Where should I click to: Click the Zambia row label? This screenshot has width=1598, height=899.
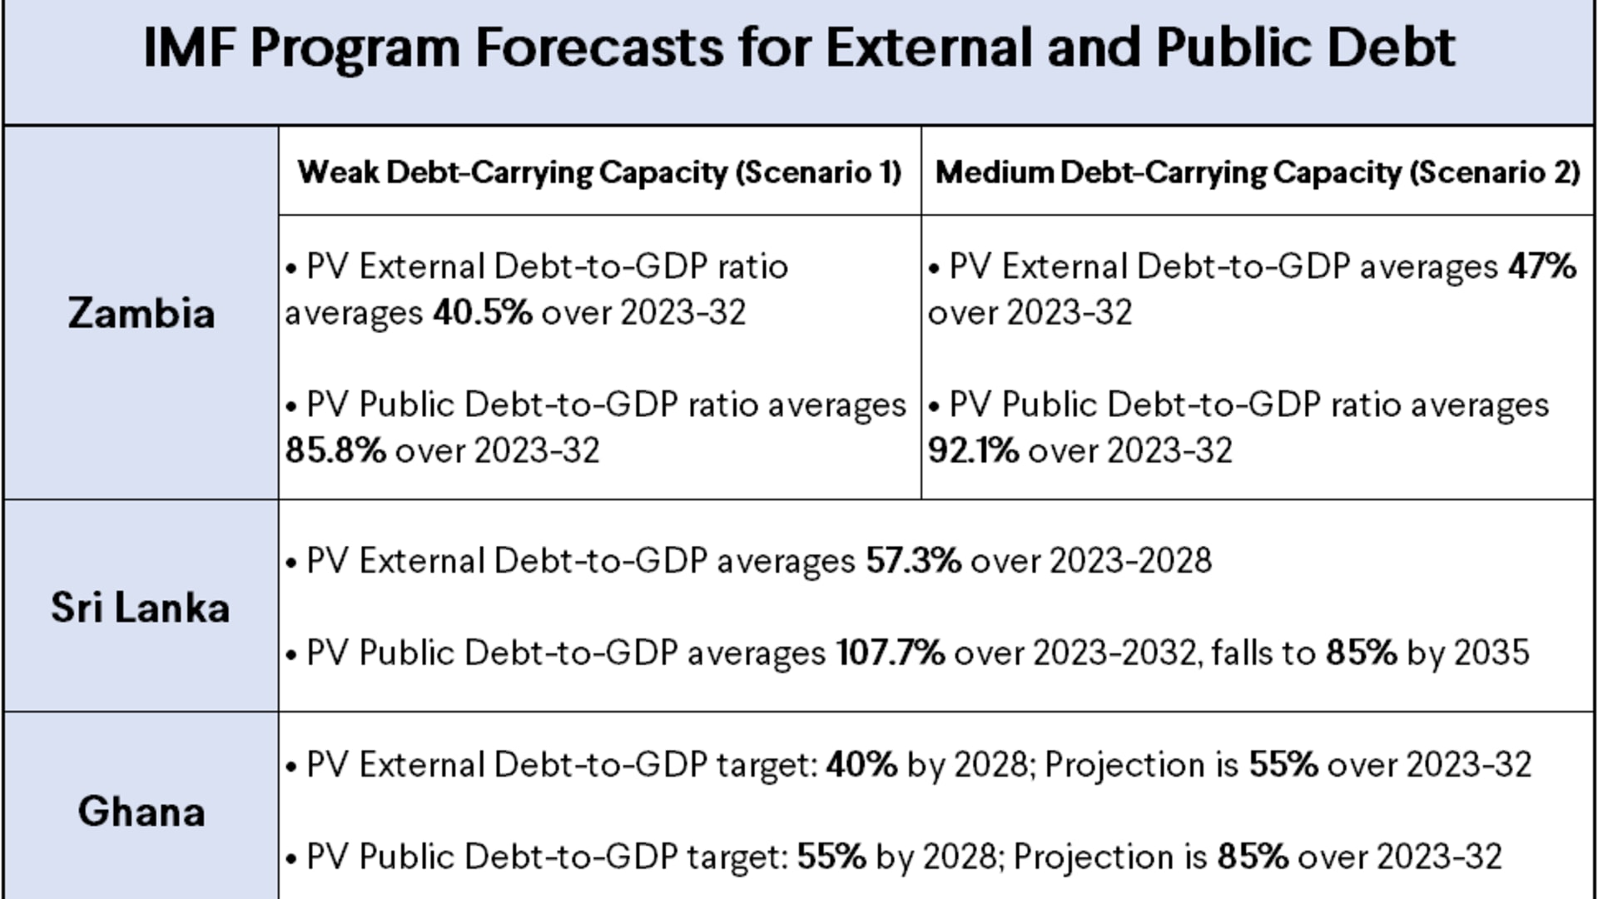pos(141,314)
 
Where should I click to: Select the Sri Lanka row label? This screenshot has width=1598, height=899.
pos(140,608)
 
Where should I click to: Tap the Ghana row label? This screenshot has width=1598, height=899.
pos(141,812)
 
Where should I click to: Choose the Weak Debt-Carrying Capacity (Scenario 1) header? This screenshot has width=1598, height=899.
pos(599,172)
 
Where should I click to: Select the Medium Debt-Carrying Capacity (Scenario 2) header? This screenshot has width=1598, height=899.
pos(1258,172)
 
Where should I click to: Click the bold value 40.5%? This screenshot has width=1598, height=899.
pos(482,313)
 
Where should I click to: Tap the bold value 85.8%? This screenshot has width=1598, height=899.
pos(335,450)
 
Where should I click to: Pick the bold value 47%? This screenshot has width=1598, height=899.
pos(1542,267)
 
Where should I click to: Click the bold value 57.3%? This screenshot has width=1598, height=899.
pos(913,561)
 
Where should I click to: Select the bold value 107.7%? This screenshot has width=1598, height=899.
pos(890,653)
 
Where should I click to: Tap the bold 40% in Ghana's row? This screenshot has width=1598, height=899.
pos(861,765)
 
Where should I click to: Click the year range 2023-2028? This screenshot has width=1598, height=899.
pos(1130,561)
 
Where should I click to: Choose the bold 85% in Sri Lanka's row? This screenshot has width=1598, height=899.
pos(1361,653)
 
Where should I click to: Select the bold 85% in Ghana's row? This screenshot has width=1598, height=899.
pos(1253,857)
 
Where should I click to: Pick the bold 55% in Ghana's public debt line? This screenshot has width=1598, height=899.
pos(831,857)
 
